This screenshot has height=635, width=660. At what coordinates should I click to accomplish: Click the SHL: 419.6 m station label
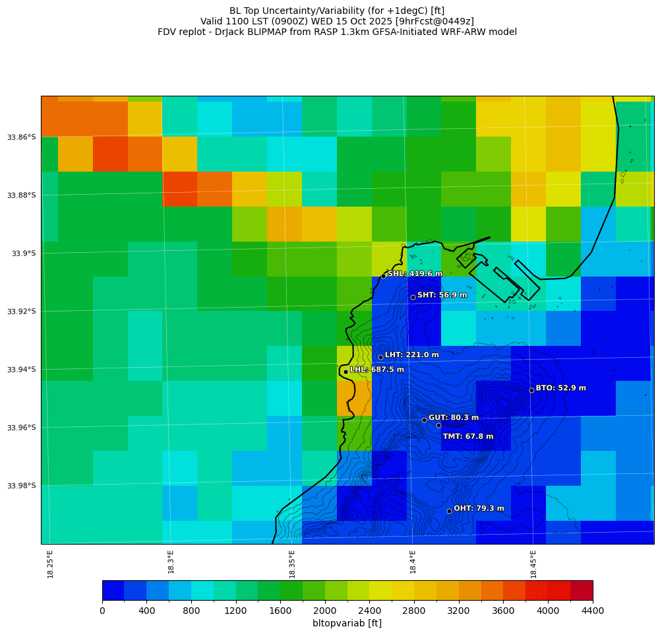[415, 274]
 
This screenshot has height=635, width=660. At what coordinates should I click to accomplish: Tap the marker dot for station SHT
[413, 297]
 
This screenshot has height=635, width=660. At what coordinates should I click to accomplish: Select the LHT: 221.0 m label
[411, 355]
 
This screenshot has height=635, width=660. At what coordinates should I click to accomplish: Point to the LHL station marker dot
[345, 372]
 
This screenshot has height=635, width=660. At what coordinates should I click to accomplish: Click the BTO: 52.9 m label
[560, 388]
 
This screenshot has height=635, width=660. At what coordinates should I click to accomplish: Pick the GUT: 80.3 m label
[454, 418]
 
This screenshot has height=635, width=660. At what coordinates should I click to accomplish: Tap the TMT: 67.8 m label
[468, 436]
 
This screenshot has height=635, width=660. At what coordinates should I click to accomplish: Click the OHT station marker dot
[449, 511]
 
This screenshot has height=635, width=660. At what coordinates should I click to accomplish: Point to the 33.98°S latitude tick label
[21, 486]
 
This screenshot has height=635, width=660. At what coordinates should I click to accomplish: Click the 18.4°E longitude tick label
[413, 562]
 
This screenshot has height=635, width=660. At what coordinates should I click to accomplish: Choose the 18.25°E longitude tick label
[50, 564]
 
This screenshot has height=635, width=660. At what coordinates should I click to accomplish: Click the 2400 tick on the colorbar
[369, 611]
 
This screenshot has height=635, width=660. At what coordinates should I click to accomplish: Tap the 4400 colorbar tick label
[592, 611]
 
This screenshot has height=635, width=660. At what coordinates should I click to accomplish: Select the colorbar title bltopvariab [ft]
[347, 624]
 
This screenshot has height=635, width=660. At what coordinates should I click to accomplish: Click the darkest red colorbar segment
[581, 590]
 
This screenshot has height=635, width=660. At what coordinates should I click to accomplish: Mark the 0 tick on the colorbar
[102, 611]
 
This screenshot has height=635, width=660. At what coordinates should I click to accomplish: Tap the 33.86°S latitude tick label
[21, 137]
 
